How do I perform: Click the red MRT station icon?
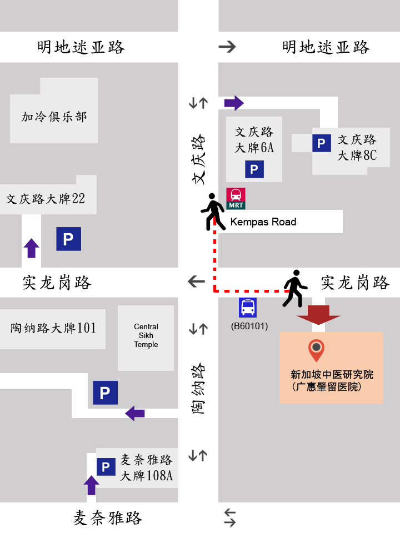click(x=236, y=198)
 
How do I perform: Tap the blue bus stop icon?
click(x=248, y=308)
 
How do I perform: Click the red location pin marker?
click(x=316, y=351)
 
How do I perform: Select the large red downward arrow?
click(x=318, y=314)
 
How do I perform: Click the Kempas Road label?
click(x=263, y=222)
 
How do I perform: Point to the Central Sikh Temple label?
click(x=146, y=335)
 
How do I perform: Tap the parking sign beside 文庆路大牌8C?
click(x=321, y=143)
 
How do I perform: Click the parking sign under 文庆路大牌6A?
click(x=254, y=169)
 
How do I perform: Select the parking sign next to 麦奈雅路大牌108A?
click(x=106, y=466)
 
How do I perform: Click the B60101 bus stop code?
click(x=249, y=326)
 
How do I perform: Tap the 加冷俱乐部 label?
click(x=54, y=117)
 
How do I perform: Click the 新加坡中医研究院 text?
click(x=332, y=375)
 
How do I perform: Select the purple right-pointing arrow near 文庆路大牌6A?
click(x=234, y=103)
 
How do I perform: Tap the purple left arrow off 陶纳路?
click(x=135, y=413)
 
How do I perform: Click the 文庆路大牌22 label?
click(x=46, y=199)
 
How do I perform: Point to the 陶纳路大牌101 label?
click(x=53, y=328)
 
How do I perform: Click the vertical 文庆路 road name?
click(x=198, y=159)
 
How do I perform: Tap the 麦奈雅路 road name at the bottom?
click(x=108, y=518)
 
